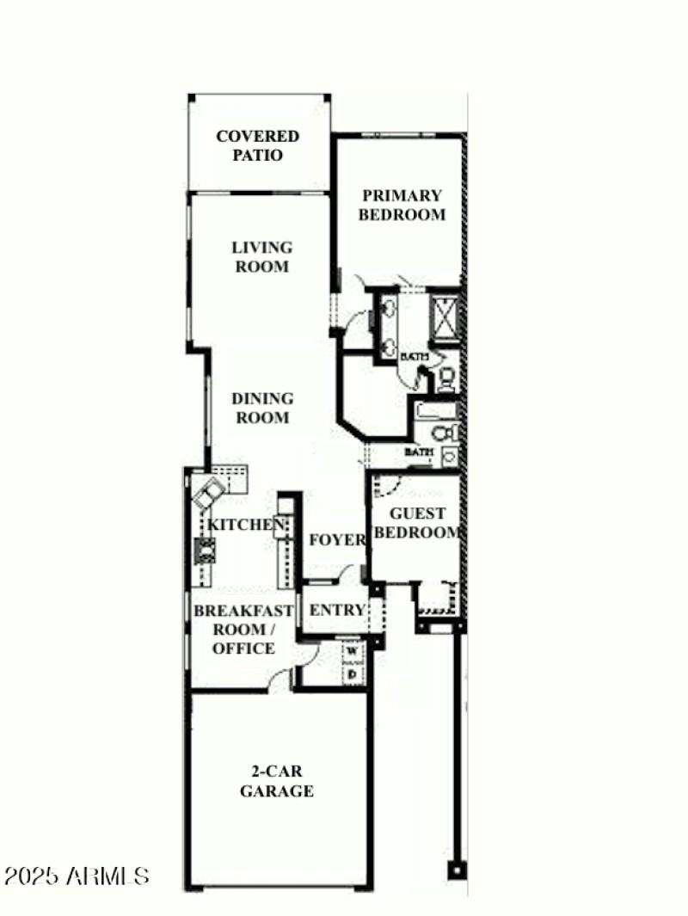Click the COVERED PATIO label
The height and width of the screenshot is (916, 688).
coord(258,146)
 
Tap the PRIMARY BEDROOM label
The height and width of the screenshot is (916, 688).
coord(402,206)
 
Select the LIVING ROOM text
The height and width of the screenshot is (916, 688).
coord(261,257)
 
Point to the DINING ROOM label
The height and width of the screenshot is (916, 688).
coord(261,409)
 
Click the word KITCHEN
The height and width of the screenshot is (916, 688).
coord(245,525)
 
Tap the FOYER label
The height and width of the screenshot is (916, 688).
coord(336,540)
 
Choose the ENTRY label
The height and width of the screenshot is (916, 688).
coord(337,611)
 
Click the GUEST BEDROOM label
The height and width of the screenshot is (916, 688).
coord(418,523)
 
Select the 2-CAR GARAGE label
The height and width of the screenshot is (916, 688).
coord(276,782)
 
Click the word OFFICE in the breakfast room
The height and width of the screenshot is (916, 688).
coord(243,649)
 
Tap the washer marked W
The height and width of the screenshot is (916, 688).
coord(353,651)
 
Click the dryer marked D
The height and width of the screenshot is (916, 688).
coord(353,675)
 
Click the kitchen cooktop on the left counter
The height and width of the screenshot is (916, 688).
coord(206,548)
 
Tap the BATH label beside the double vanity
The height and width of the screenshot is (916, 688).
coord(415,356)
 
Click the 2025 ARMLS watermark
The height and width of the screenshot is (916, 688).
coord(77,876)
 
